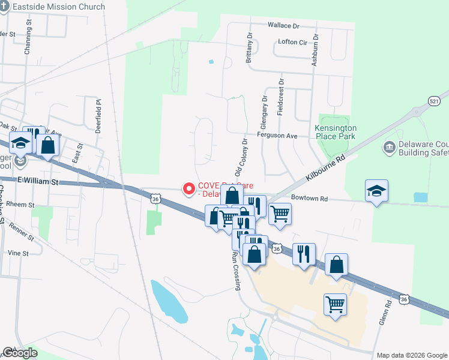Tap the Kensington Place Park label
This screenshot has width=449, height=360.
(x=336, y=133)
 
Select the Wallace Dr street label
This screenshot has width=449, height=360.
(x=284, y=26)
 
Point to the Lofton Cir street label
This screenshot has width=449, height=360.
(x=293, y=43)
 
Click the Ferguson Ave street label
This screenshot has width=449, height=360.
(x=277, y=136)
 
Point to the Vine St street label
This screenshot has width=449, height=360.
(x=19, y=253)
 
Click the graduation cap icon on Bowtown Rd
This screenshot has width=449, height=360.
(x=376, y=191)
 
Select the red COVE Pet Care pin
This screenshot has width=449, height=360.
(x=189, y=189)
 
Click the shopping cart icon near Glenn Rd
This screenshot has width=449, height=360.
(x=335, y=304)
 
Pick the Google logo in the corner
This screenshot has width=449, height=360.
(x=20, y=353)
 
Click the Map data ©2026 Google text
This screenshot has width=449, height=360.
(x=412, y=355)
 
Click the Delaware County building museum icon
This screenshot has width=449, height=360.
(x=389, y=147)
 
